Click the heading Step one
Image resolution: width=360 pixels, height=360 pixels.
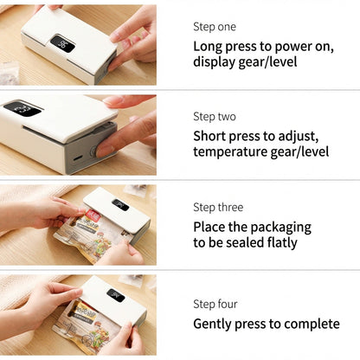click(x=215, y=27)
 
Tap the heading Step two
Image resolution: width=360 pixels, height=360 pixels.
click(x=215, y=117)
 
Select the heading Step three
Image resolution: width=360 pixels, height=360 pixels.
click(x=218, y=207)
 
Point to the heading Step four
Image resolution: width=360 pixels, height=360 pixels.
click(x=215, y=304)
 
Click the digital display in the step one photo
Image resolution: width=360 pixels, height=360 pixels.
click(x=62, y=44)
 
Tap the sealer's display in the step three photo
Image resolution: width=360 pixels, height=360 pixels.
click(x=120, y=204)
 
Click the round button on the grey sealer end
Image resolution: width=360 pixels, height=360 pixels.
click(x=93, y=151)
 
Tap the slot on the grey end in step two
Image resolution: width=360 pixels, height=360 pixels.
click(x=77, y=158)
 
